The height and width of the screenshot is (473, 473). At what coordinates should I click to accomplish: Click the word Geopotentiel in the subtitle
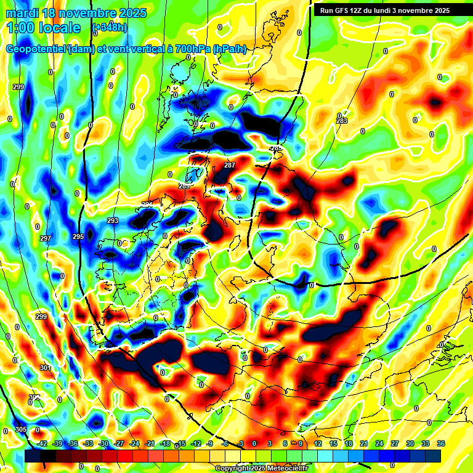(x=36, y=49)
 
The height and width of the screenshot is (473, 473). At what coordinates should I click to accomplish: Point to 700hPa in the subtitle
(x=190, y=49)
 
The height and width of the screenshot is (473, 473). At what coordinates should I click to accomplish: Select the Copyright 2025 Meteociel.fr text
(x=261, y=468)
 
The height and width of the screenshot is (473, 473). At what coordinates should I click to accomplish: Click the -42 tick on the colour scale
(x=42, y=443)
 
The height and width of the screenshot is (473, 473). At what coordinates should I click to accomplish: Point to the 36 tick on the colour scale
(x=440, y=443)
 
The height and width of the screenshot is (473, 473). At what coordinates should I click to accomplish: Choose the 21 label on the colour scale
(x=363, y=443)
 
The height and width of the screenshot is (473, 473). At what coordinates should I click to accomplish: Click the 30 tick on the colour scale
(x=410, y=443)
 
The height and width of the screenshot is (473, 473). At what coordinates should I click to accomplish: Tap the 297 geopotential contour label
(x=45, y=238)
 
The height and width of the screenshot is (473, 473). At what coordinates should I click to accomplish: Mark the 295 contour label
(x=78, y=236)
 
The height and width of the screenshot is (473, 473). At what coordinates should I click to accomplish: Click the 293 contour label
(x=113, y=220)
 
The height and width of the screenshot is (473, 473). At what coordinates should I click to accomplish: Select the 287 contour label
(x=230, y=165)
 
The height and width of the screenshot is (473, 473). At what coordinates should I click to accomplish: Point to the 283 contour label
(x=342, y=121)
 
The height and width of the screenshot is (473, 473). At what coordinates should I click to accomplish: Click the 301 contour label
(x=46, y=368)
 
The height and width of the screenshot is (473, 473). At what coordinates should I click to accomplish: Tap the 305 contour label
(x=21, y=429)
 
